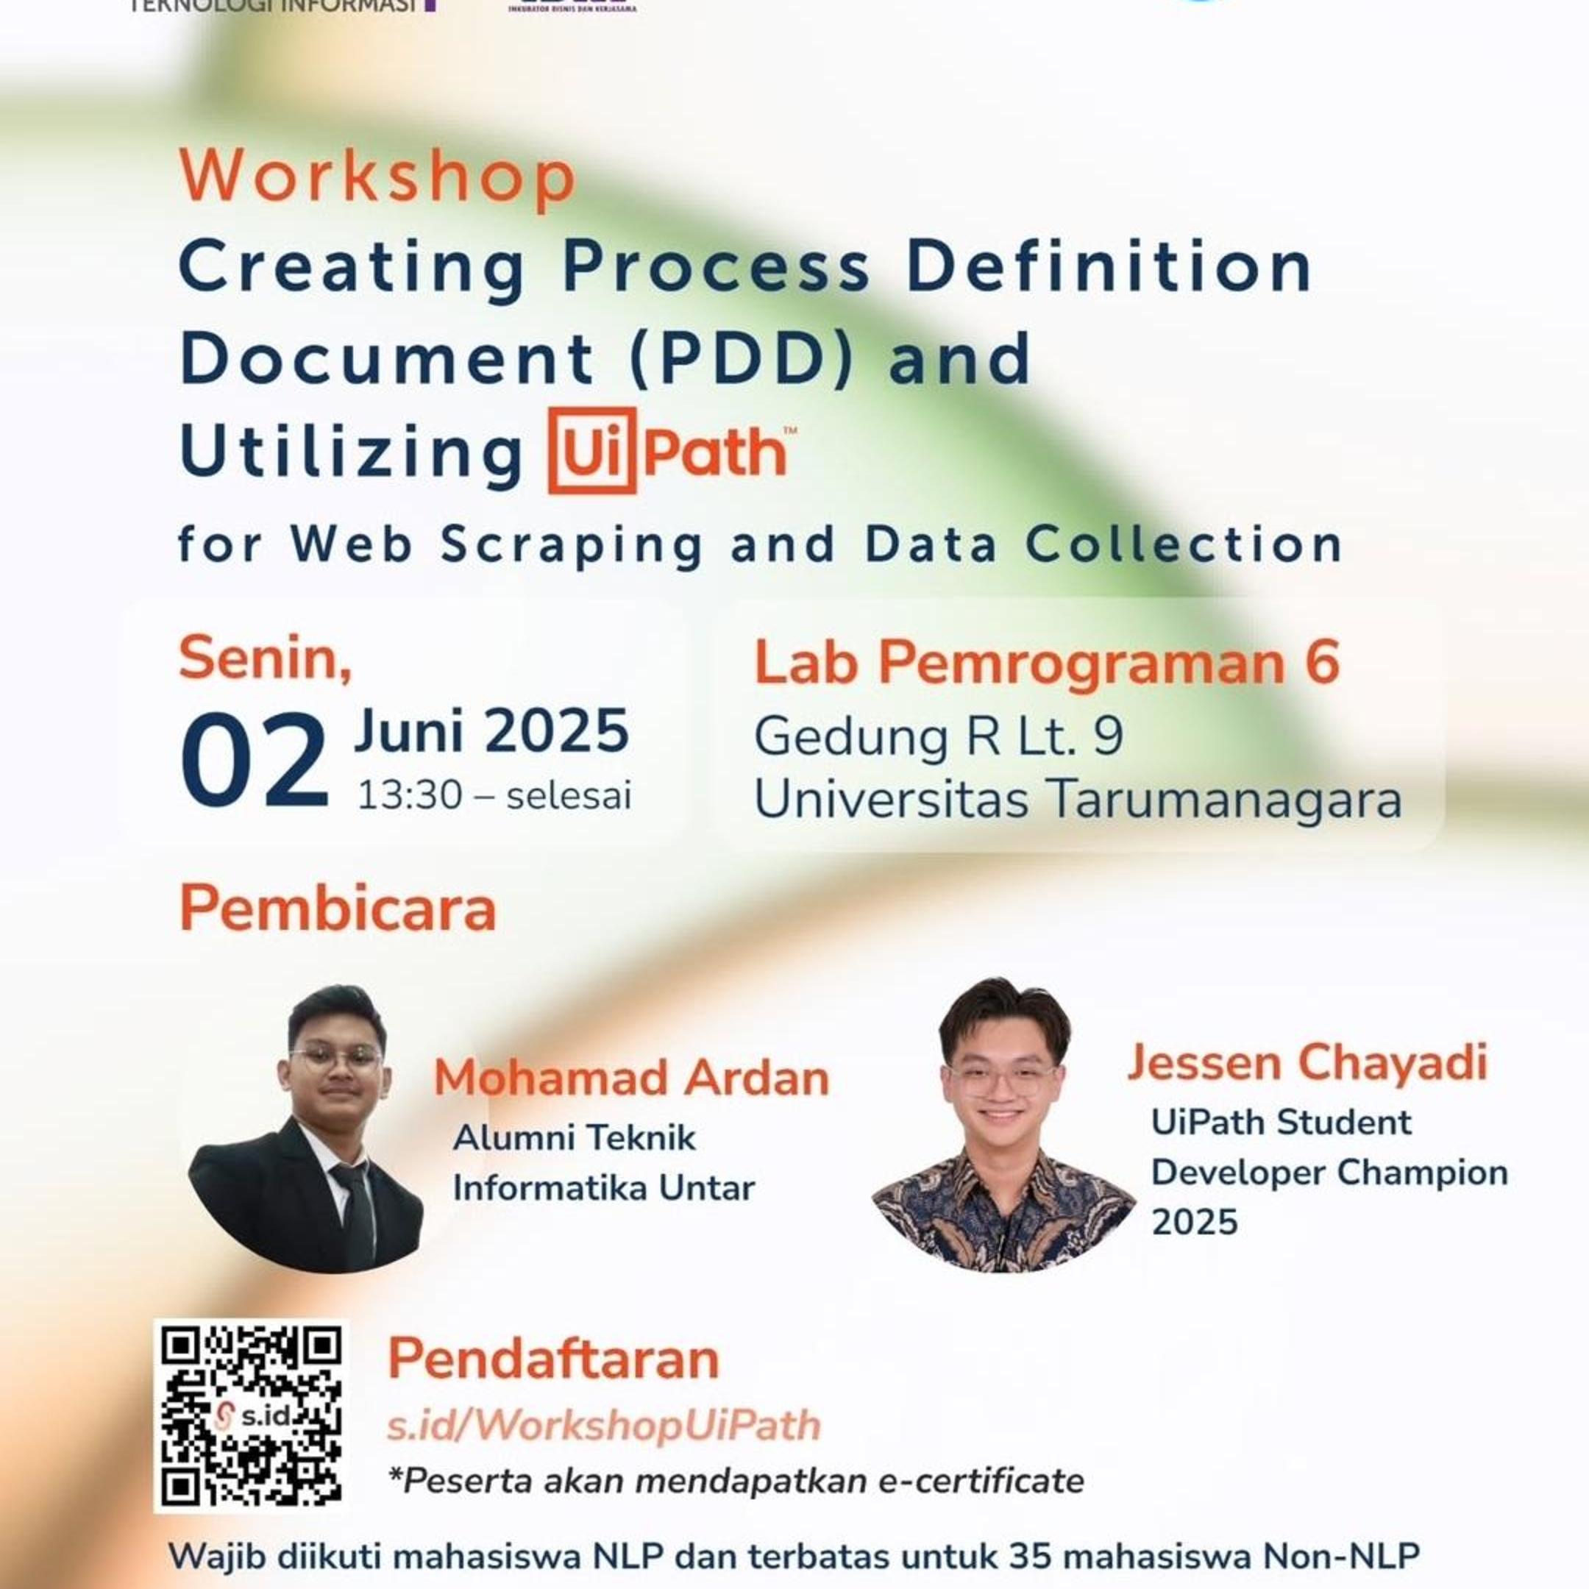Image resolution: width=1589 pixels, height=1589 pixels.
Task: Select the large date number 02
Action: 254,761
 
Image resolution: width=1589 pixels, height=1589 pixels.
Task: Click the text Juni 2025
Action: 491,730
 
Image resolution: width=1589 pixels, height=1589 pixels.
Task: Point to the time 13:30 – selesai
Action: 494,795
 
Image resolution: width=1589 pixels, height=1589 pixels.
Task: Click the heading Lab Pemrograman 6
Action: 1047,662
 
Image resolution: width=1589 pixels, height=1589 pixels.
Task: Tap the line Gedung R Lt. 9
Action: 939,736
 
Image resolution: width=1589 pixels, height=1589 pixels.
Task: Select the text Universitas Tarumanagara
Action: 1078,799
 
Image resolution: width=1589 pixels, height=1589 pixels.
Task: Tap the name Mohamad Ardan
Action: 631,1078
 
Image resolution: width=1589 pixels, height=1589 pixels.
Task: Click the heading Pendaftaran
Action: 552,1359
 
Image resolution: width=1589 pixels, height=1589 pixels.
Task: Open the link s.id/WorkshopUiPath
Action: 604,1426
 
